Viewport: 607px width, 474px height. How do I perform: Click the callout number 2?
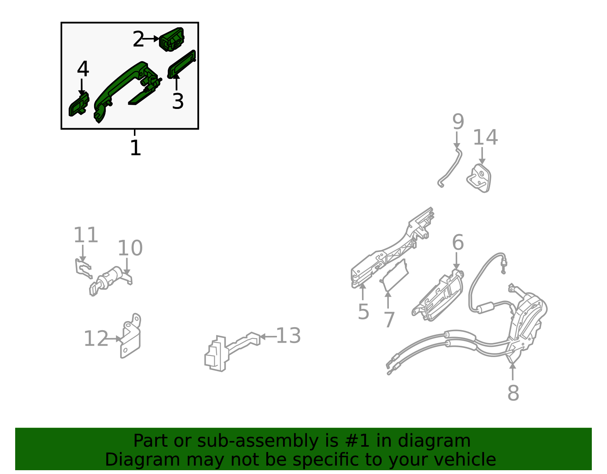(x=138, y=39)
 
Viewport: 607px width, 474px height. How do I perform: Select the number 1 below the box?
(x=135, y=148)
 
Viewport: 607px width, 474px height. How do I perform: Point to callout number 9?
(x=458, y=121)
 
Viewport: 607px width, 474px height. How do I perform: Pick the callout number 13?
(x=288, y=335)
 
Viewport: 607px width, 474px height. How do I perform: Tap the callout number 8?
(x=513, y=393)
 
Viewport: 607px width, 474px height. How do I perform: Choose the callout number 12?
(x=96, y=339)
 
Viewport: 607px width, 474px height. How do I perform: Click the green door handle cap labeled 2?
(x=171, y=39)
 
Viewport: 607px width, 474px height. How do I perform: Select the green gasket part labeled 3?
(x=181, y=65)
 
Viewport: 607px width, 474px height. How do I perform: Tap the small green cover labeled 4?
(x=79, y=104)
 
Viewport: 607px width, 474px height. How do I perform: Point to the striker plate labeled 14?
(x=479, y=179)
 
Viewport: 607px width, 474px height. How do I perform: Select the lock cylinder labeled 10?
(x=111, y=281)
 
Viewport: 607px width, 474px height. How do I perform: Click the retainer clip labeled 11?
(x=83, y=268)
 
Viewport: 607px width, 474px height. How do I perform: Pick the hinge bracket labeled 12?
(x=130, y=336)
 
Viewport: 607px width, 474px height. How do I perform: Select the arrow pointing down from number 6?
(x=456, y=261)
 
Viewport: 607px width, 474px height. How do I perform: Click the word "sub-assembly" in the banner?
(x=258, y=441)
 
